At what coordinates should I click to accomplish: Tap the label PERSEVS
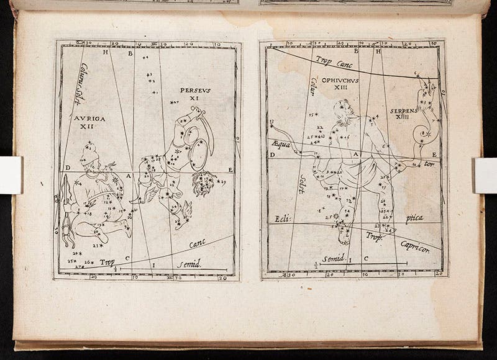coord(196,90)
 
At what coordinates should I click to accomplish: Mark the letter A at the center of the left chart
coord(128,175)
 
